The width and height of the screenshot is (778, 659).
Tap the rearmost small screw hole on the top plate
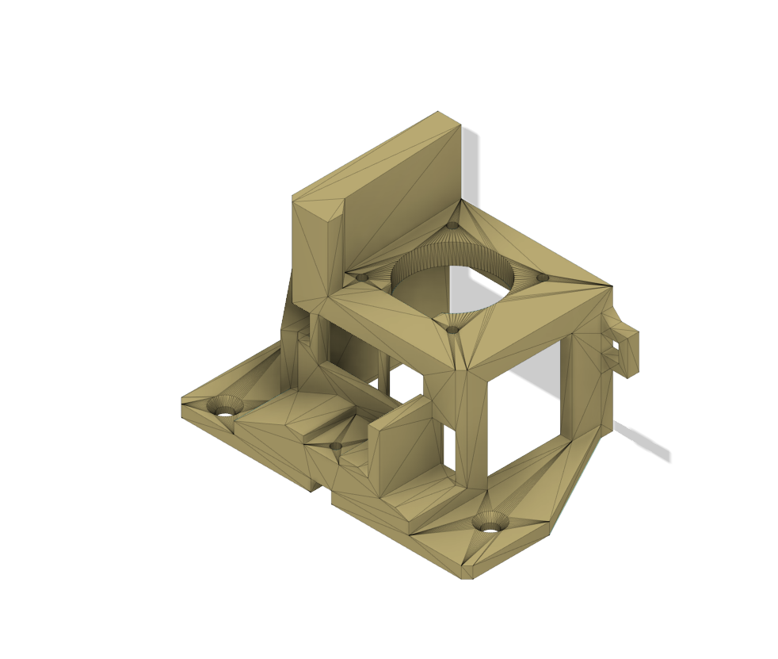pos(452,225)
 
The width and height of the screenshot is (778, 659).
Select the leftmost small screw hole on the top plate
pos(361,278)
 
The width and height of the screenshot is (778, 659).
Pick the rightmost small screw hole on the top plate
pos(543,278)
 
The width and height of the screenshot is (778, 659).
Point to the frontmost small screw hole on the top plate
pos(452,330)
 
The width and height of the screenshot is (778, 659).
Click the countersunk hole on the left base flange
pos(226,406)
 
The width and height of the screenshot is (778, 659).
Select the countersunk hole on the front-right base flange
pos(490,523)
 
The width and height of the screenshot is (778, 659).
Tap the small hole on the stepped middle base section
pos(336,446)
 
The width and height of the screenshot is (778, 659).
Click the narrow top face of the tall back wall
pos(376,155)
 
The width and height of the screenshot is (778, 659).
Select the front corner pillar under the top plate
pos(471,428)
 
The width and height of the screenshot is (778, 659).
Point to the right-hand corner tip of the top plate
pos(612,287)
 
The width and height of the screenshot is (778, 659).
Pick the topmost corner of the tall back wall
pos(438,112)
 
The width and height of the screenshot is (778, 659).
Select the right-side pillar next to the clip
pos(586,381)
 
